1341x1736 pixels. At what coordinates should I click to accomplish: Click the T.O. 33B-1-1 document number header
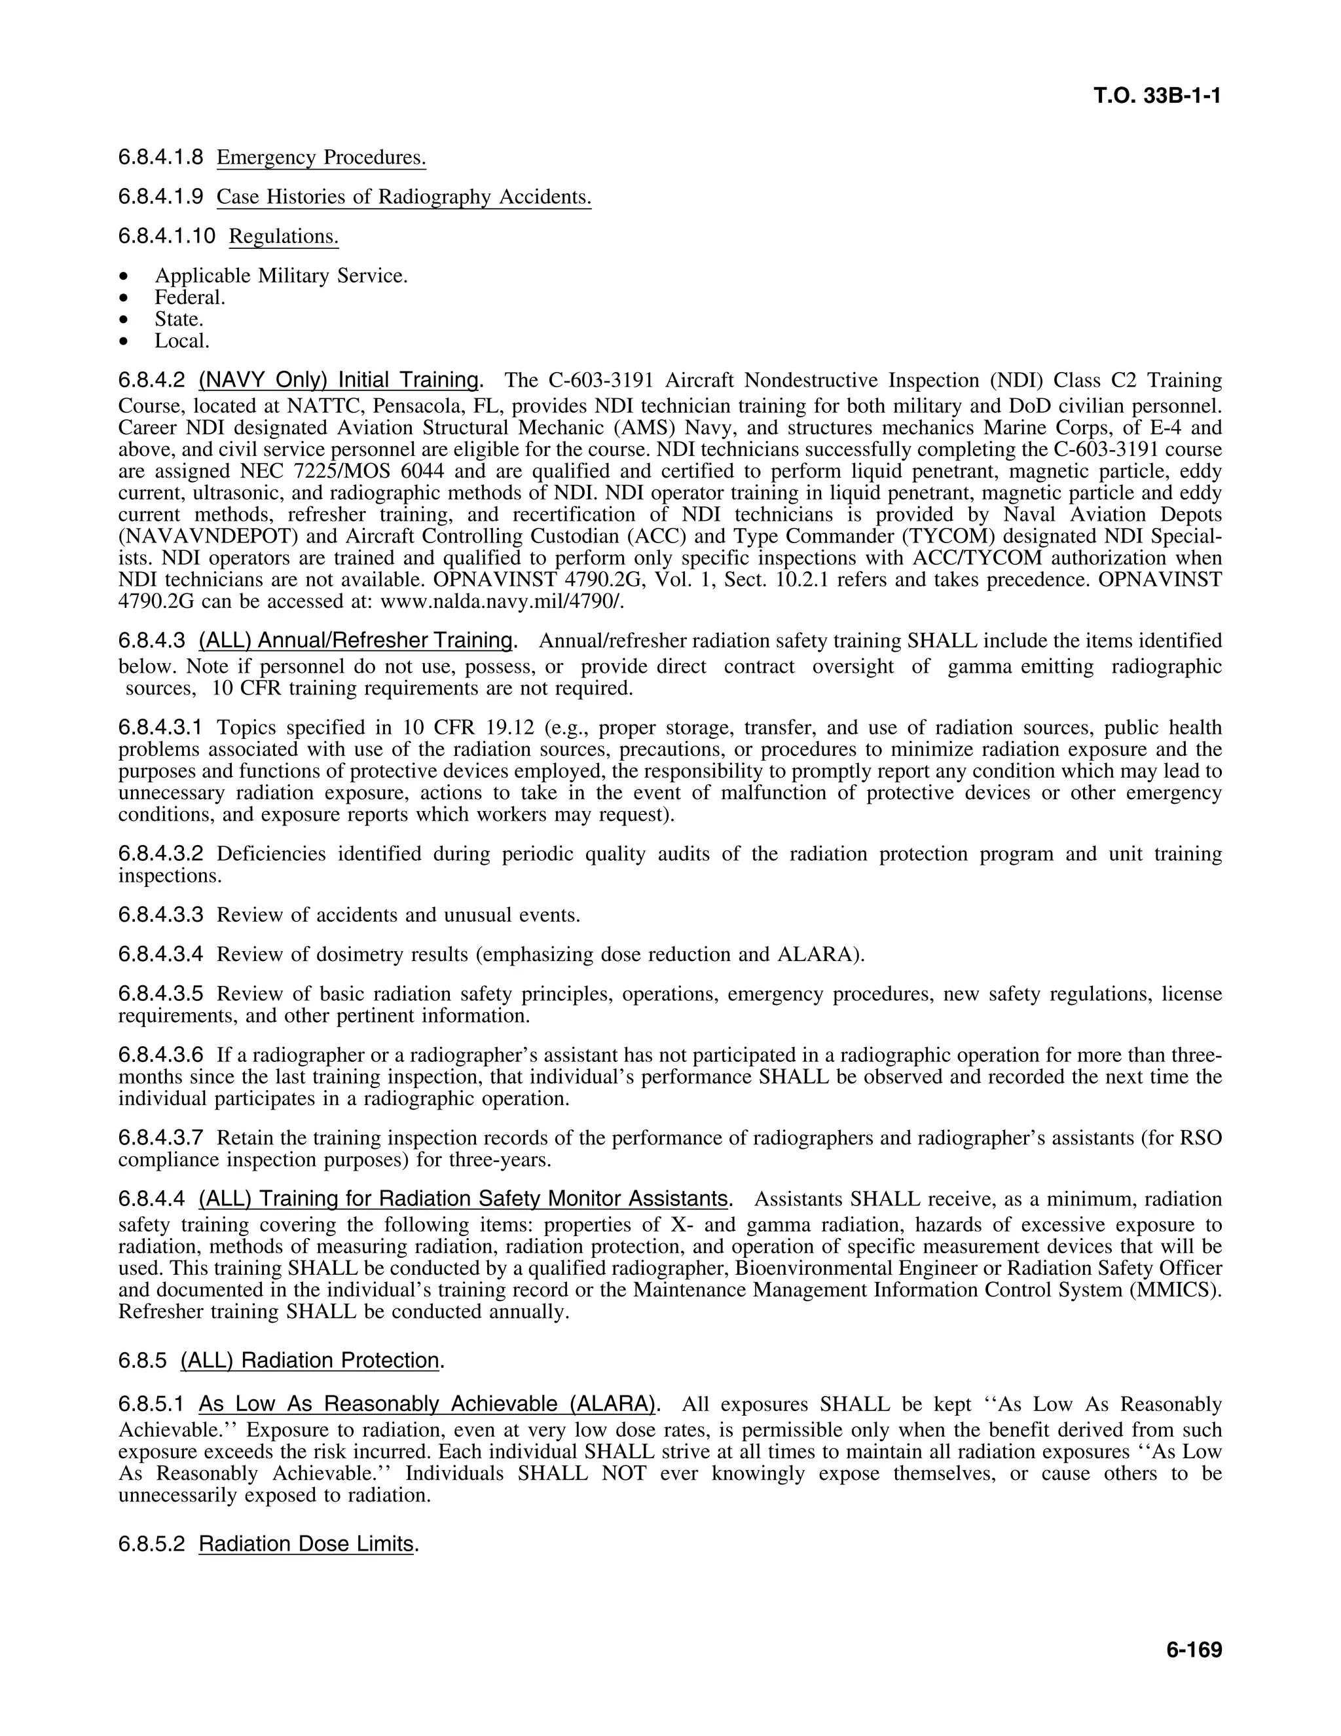pos(1156,96)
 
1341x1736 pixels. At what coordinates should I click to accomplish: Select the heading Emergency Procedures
pos(321,157)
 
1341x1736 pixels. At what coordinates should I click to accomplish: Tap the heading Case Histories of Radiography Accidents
pos(403,197)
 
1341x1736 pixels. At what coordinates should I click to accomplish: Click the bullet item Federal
pos(190,297)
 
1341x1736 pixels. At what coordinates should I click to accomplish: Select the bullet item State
pos(179,319)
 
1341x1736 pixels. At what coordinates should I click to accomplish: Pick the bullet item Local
pos(182,341)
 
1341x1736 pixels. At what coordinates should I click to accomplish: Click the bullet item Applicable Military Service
pos(280,276)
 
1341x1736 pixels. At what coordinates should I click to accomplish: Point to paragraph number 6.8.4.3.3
pos(160,915)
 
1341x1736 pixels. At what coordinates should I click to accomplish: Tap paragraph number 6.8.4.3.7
pos(160,1139)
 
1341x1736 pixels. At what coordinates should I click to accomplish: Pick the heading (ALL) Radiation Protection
pos(310,1360)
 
